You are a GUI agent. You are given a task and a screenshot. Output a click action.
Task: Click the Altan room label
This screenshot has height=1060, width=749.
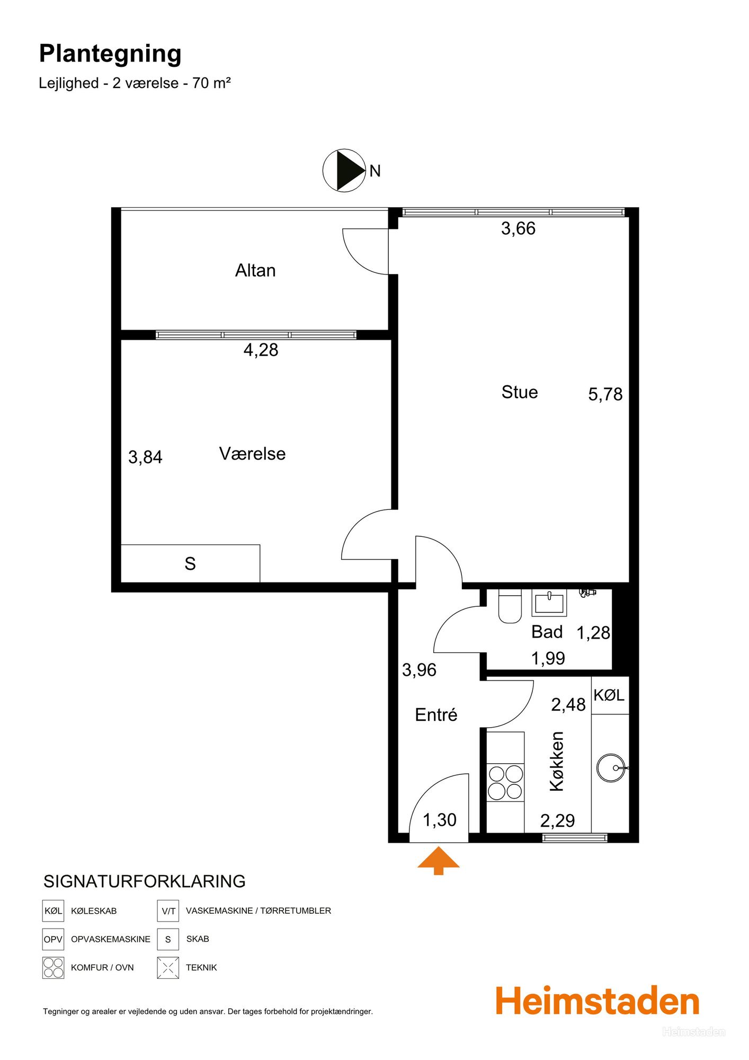(255, 270)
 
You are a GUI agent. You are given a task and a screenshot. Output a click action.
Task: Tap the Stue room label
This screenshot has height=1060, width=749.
(520, 392)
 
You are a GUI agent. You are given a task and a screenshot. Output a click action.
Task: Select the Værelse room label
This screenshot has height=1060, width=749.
(252, 454)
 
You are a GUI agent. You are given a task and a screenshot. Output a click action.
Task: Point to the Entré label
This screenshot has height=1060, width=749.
(436, 714)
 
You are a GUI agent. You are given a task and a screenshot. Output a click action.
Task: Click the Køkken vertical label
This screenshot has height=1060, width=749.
(557, 762)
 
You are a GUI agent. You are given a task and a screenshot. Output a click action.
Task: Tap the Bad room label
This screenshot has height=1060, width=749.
(547, 632)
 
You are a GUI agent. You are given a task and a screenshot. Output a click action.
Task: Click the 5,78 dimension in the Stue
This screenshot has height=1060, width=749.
(605, 394)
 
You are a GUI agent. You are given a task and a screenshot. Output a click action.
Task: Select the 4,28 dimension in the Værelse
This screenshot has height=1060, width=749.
(261, 350)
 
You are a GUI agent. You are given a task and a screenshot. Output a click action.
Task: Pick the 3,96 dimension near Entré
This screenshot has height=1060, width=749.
(419, 670)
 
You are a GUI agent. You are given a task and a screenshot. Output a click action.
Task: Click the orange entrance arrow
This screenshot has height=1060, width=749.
(439, 860)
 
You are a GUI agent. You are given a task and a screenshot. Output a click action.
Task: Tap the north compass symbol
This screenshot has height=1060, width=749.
(344, 170)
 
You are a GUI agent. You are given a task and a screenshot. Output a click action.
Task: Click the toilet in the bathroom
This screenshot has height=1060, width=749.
(510, 606)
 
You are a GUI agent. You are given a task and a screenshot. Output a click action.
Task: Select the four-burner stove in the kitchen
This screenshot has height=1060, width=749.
(505, 782)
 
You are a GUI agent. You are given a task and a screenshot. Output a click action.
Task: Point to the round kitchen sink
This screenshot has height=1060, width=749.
(611, 767)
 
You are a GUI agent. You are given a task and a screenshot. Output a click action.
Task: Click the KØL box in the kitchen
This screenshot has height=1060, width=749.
(610, 695)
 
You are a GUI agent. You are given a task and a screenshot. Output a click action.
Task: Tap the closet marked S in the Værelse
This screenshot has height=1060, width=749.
(191, 563)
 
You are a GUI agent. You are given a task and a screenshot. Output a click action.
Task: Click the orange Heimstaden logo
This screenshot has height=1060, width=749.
(598, 1001)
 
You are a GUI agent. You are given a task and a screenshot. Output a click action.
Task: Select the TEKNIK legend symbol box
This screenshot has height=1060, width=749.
(168, 968)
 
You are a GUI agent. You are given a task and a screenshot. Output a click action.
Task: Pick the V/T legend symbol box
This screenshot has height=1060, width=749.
(168, 911)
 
